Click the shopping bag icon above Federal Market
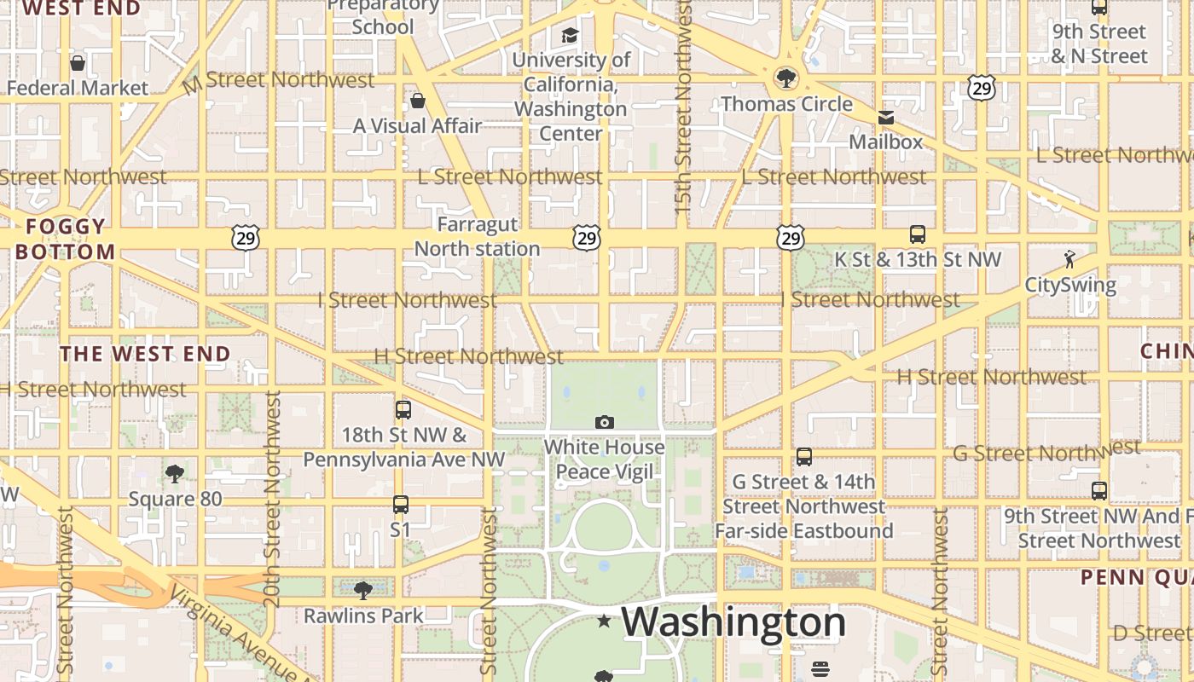(x=78, y=63)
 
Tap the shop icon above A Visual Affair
(x=418, y=101)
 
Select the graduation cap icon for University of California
(x=569, y=36)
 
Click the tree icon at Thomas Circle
(x=785, y=79)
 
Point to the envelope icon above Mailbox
(x=886, y=118)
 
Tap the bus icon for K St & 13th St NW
(x=918, y=234)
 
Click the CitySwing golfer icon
(x=1069, y=259)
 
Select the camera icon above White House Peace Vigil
(x=605, y=422)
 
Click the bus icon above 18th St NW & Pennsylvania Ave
(x=403, y=410)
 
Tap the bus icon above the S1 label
(x=401, y=505)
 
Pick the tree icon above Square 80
(x=175, y=474)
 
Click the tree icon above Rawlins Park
(x=363, y=590)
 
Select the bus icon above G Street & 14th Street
(x=803, y=457)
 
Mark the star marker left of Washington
(x=605, y=621)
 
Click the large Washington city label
(x=733, y=622)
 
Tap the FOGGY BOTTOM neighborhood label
(x=65, y=240)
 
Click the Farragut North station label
(x=477, y=237)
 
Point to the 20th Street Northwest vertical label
(x=273, y=499)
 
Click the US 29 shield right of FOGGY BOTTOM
(x=246, y=239)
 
